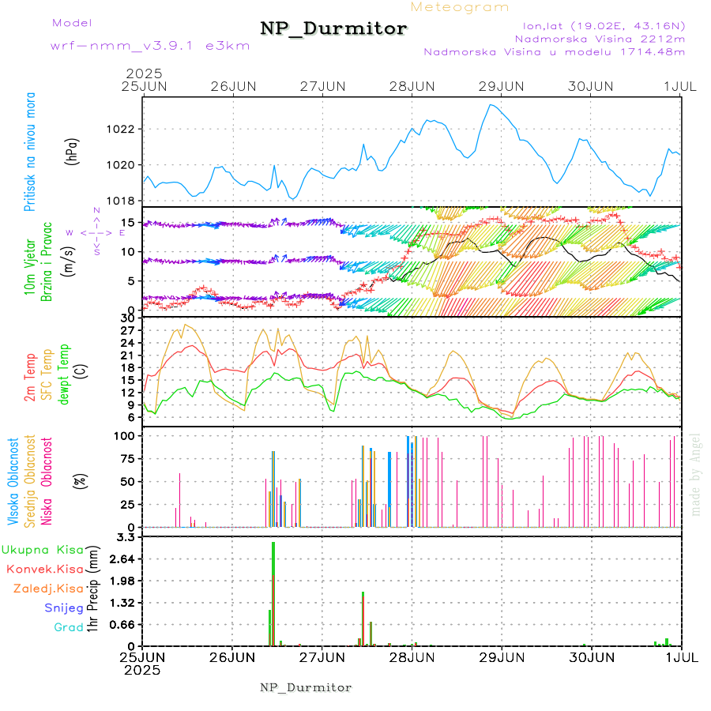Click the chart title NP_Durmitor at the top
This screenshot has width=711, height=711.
click(x=333, y=29)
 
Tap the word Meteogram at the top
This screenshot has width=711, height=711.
click(x=460, y=7)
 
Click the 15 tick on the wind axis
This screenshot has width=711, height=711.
click(x=132, y=222)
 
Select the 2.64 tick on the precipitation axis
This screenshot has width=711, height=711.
click(x=123, y=559)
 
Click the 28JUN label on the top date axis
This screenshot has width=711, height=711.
click(x=412, y=86)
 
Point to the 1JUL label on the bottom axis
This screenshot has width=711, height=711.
click(x=681, y=656)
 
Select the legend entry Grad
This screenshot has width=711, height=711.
click(x=68, y=628)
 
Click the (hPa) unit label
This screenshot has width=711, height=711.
click(x=73, y=151)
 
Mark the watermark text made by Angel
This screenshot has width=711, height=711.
click(x=695, y=474)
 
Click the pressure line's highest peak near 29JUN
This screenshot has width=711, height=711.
click(x=492, y=104)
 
